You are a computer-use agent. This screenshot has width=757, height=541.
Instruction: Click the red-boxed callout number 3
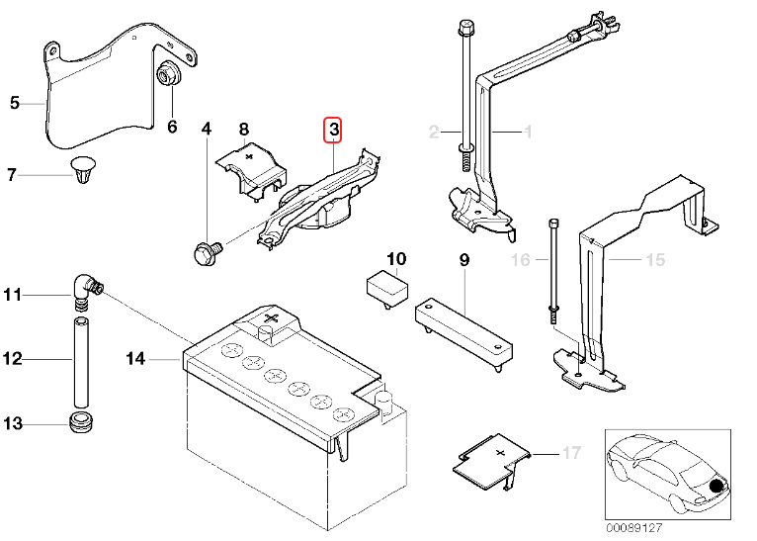[334, 130]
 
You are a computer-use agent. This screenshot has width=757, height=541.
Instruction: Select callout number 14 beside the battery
[135, 359]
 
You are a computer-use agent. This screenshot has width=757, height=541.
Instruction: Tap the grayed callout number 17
[571, 454]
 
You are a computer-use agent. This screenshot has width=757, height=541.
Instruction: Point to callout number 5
[14, 102]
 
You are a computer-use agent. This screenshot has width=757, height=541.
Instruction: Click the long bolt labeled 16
[552, 267]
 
